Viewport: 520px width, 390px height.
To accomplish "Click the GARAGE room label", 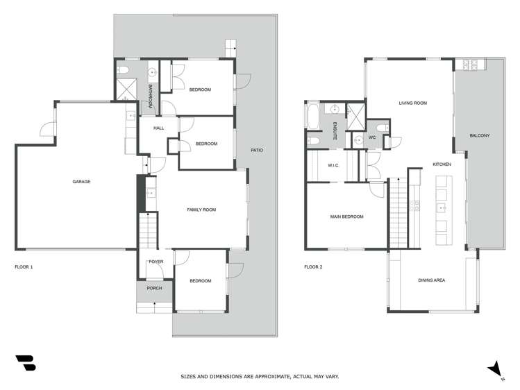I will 82,182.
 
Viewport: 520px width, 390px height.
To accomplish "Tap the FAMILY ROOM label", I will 201,209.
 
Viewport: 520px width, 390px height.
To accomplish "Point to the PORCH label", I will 154,288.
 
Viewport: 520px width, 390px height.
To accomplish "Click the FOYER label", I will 156,262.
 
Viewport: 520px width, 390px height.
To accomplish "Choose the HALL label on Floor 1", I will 159,128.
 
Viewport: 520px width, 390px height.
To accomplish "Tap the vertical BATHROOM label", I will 151,95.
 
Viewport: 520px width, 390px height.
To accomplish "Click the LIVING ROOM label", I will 412,103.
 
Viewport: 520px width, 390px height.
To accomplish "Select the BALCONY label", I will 480,135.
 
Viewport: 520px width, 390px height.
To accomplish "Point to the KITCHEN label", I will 442,164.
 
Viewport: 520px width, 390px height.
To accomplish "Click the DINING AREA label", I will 431,280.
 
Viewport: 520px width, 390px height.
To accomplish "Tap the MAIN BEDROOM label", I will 346,217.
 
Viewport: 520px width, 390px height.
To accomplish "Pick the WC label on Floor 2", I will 372,137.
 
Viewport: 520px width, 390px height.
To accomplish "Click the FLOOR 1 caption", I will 24,266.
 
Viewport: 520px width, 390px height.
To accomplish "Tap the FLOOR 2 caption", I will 313,266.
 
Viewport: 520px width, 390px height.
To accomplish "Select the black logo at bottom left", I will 26,363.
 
